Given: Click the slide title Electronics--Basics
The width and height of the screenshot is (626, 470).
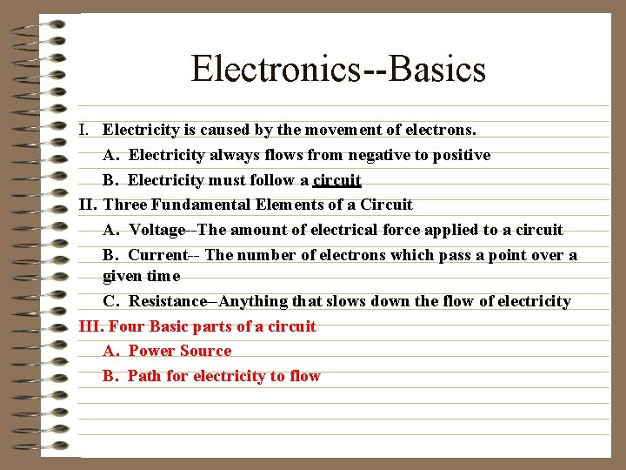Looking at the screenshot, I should pos(338,69).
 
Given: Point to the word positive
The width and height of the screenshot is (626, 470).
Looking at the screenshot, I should pos(460,155).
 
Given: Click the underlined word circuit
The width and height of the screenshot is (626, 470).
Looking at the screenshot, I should pos(337,180).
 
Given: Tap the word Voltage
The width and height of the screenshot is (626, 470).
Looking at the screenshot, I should pos(156,230).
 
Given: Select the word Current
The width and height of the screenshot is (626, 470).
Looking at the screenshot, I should pos(157,255).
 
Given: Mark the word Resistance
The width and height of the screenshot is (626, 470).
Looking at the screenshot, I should pos(169,301).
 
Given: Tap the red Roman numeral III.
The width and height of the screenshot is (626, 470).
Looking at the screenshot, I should pos(90,326).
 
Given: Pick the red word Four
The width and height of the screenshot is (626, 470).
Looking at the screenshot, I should pos(127,326).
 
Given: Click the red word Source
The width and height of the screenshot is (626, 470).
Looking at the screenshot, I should pos(207,351).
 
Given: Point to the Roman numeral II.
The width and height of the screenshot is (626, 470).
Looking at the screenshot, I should pos(87,205).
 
